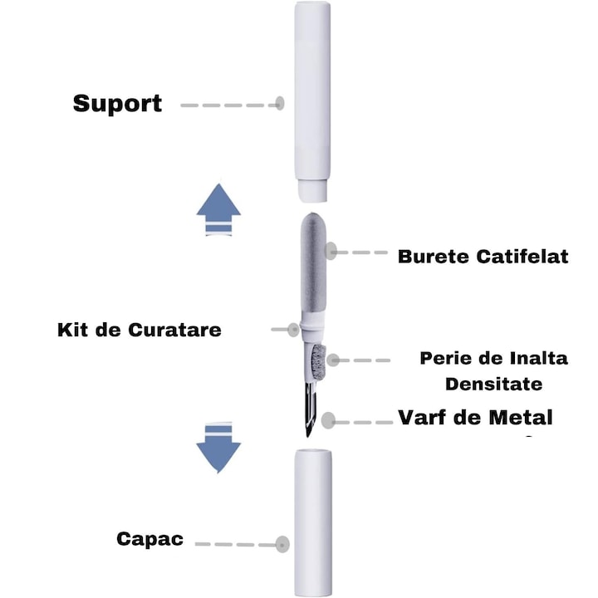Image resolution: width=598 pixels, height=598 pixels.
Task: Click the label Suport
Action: point(117,105)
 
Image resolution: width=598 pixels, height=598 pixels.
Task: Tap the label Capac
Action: point(150,540)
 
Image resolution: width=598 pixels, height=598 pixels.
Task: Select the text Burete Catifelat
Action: point(483,256)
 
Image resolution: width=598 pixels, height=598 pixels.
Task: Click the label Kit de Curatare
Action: point(140,329)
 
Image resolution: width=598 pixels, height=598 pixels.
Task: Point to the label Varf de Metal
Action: point(475,416)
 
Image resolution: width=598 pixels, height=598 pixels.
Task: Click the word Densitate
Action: point(493,384)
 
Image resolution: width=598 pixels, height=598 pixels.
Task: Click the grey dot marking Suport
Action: point(280,104)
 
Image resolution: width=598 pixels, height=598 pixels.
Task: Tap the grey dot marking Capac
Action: point(282,545)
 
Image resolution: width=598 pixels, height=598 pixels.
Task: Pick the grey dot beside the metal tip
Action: point(330,420)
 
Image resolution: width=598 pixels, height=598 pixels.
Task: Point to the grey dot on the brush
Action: point(333,360)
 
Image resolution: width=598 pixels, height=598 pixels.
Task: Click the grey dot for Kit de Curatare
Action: point(293,329)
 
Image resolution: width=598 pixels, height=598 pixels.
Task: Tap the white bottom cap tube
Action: point(313,523)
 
